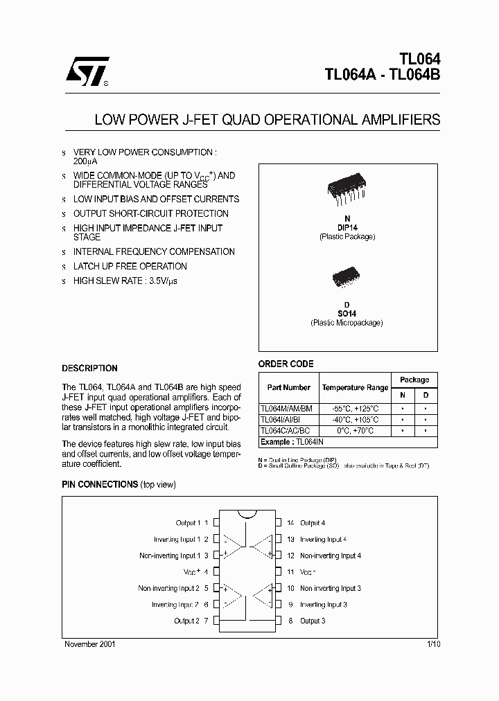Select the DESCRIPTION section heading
pyautogui.click(x=89, y=369)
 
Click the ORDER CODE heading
pyautogui.click(x=286, y=364)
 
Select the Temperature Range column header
pyautogui.click(x=355, y=388)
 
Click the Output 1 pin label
pyautogui.click(x=188, y=523)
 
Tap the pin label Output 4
pyautogui.click(x=312, y=523)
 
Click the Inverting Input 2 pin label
pyautogui.click(x=176, y=605)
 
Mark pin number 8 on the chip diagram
pyautogui.click(x=290, y=621)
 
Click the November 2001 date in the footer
pyautogui.click(x=90, y=644)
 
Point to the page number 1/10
pyautogui.click(x=433, y=644)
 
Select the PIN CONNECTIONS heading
pyautogui.click(x=100, y=484)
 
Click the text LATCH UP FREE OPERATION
pyautogui.click(x=130, y=266)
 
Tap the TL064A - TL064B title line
pyautogui.click(x=382, y=76)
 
